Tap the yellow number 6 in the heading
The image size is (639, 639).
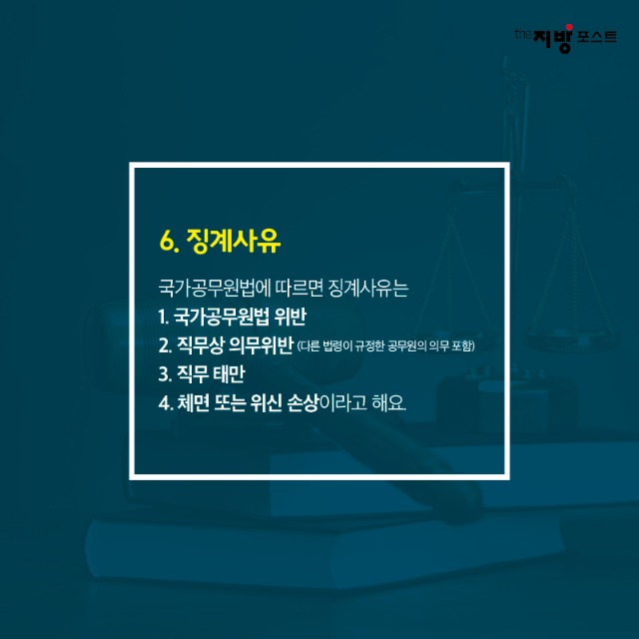coord(167,242)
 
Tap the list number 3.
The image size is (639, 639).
coord(165,376)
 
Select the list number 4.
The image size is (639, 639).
coord(165,404)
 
